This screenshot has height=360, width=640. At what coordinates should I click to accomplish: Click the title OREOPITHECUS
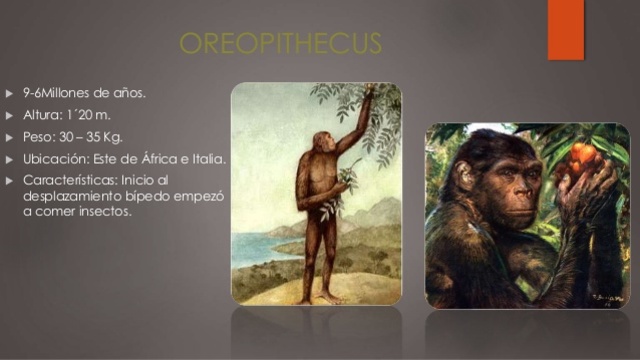[x=280, y=44]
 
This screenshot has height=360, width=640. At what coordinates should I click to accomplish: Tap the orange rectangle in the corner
[x=565, y=28]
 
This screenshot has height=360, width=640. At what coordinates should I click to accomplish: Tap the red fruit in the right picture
[x=584, y=155]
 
